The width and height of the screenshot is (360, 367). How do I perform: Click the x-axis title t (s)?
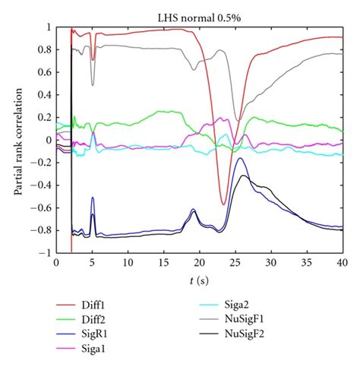click(199, 280)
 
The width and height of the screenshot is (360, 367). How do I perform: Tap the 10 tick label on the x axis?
click(127, 263)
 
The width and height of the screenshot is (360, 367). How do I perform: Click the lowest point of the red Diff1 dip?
click(223, 204)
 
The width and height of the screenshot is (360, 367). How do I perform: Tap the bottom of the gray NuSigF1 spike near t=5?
click(93, 85)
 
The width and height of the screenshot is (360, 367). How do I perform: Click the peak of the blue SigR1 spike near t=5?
click(93, 198)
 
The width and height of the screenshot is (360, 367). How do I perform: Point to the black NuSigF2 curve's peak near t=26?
click(242, 176)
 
